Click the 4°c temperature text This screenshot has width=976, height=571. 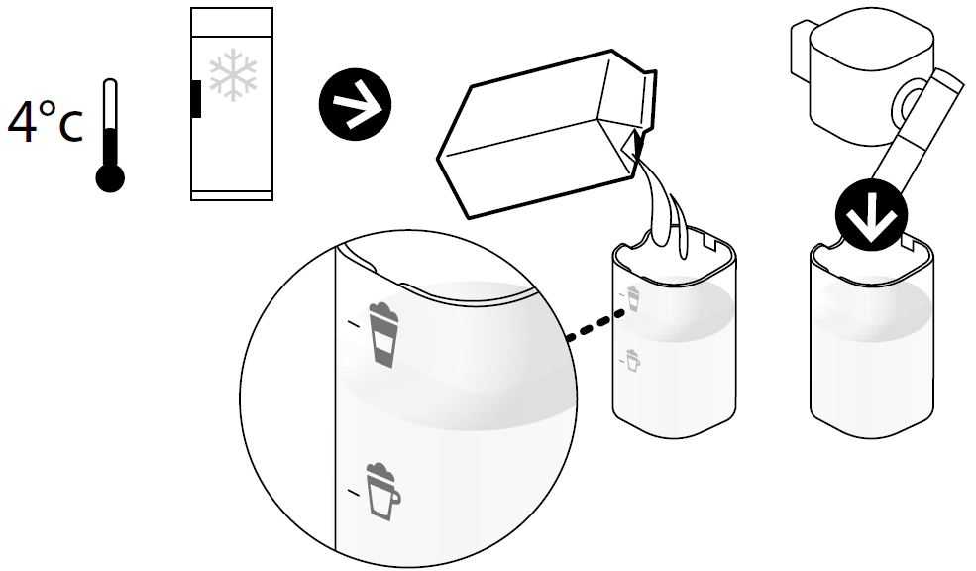pos(45,122)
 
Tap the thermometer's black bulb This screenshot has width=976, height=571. pos(110,178)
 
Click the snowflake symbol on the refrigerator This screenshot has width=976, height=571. pos(233,74)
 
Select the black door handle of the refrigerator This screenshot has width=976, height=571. pos(196,98)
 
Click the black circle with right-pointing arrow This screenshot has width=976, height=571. pos(355,104)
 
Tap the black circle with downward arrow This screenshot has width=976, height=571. pos(871,215)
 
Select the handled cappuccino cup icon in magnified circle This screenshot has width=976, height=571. pos(382,491)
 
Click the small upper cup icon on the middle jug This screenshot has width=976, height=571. pos(633,298)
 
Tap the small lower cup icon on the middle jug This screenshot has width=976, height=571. pos(632,361)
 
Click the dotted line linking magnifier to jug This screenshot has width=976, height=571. pos(596,325)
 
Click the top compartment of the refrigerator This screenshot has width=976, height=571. pos(232,22)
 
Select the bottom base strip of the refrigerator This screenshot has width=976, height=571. pos(232,195)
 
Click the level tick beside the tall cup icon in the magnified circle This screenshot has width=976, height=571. pos(353,323)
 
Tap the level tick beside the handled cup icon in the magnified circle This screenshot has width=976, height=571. pos(354,493)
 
